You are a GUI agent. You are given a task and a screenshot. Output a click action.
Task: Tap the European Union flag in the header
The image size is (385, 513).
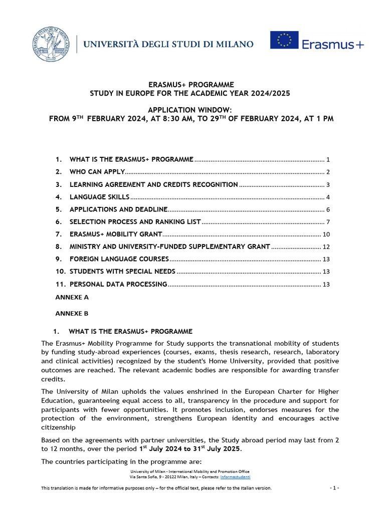point(284,40)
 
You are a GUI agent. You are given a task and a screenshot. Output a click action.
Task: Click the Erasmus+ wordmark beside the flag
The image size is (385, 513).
point(333,45)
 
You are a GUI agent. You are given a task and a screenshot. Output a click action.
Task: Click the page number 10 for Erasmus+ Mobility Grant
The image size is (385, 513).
point(326,234)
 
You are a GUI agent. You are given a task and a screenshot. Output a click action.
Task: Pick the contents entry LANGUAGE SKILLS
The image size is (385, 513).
point(99,197)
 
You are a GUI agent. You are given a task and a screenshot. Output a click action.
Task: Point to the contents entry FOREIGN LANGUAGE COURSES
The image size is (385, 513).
point(119,259)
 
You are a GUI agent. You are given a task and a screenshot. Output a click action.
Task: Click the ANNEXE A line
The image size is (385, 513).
point(72,297)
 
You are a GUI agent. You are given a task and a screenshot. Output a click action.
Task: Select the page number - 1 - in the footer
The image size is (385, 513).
point(334,488)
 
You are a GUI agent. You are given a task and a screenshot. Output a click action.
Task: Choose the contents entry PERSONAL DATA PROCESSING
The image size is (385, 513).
point(118,284)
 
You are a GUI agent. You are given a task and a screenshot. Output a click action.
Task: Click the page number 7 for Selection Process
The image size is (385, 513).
point(327,222)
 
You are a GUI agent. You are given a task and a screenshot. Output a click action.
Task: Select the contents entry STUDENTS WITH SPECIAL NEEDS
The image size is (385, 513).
point(122,272)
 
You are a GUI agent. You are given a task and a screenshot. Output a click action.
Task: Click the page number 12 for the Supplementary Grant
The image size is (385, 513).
point(326,247)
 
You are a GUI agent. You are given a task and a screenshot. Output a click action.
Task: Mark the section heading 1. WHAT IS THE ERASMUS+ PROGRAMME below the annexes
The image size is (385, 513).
point(123,332)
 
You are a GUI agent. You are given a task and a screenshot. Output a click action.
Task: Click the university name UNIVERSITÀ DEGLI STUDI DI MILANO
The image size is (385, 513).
point(168,45)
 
